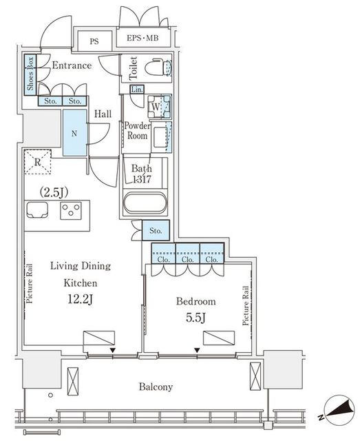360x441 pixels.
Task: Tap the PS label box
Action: pos(94,41)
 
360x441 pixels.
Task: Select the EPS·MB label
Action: pos(142,38)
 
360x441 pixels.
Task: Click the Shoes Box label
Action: pos(30,74)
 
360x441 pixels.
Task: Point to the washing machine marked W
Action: pos(159,107)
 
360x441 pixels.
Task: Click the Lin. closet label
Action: pos(137,90)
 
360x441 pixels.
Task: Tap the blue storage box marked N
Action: pos(74,133)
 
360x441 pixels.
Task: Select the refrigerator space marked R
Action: pos(38,162)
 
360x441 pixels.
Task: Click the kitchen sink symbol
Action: pos(37,209)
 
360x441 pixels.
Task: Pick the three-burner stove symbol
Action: pos(71,210)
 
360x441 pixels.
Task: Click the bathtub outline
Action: pos(145,203)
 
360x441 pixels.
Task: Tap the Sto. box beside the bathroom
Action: pos(156,230)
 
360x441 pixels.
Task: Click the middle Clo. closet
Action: pos(187,254)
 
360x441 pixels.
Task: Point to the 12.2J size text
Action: pos(80,300)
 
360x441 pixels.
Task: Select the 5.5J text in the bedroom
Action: pos(196,318)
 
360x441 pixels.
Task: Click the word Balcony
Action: pos(156,387)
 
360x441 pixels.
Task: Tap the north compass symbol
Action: pos(339,409)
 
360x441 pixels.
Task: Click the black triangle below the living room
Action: pos(113,351)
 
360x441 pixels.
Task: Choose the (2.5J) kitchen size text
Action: pos(54,192)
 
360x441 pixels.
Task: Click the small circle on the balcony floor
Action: pos(50,395)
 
